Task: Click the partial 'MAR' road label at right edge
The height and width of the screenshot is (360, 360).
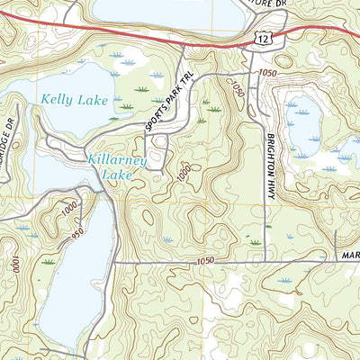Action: [347, 255]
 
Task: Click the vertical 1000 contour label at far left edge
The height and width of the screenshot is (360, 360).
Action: [16, 265]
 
